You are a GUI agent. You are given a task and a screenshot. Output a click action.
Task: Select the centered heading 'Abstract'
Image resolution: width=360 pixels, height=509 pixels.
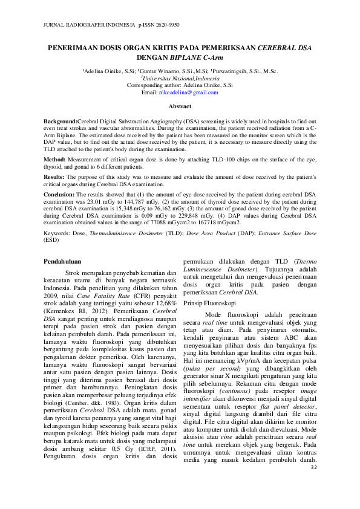(x=180, y=106)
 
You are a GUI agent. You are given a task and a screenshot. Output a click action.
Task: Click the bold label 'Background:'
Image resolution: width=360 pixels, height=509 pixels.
(x=61, y=122)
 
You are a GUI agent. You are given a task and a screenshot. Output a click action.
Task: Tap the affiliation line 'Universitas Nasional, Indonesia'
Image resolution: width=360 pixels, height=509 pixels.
(x=180, y=79)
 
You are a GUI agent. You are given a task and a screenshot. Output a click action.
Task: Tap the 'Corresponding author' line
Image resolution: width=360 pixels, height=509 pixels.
(x=180, y=86)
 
